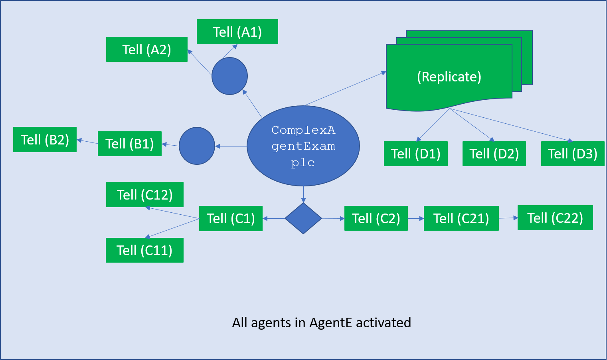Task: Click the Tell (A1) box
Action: click(237, 32)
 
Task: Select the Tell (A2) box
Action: click(147, 49)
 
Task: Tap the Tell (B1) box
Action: click(130, 144)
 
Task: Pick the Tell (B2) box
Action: click(45, 140)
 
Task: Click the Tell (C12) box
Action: click(145, 195)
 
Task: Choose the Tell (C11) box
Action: click(144, 250)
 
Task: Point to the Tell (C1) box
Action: click(231, 218)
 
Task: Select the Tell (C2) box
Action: click(376, 218)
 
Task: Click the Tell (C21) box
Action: click(461, 218)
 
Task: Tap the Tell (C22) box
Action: click(555, 218)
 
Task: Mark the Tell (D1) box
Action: click(416, 154)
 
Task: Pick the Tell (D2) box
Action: click(494, 154)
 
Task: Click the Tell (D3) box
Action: click(573, 154)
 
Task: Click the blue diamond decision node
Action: click(303, 218)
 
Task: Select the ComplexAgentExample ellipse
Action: click(303, 146)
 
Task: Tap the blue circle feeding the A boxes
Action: click(229, 76)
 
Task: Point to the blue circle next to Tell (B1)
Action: click(197, 146)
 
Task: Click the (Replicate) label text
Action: click(449, 77)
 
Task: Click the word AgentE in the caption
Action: click(330, 322)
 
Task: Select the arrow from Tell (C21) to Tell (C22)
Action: click(508, 218)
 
